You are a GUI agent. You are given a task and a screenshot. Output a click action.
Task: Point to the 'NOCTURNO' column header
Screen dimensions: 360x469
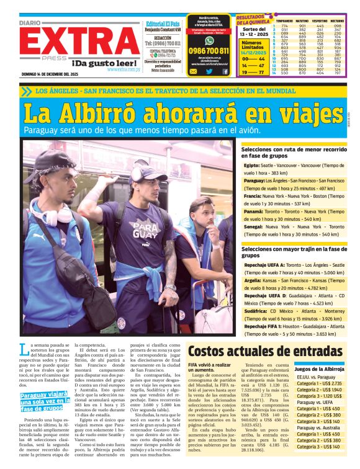pyautogui.click(x=336, y=21)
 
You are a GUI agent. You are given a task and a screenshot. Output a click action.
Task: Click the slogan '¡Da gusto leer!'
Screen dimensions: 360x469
pyautogui.click(x=97, y=63)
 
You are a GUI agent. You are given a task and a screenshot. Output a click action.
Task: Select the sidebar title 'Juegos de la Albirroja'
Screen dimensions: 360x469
pyautogui.click(x=319, y=368)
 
